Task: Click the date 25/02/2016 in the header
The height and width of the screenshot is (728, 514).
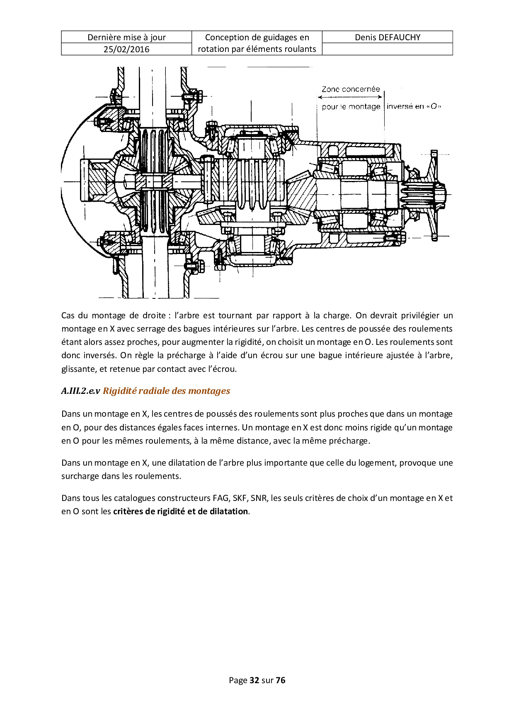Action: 126,49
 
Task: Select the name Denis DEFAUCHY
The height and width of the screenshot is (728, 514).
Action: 387,37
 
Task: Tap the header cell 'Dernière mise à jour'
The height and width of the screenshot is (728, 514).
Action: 126,37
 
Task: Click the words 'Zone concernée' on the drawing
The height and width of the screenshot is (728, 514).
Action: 351,89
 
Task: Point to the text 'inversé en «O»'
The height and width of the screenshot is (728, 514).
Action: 414,106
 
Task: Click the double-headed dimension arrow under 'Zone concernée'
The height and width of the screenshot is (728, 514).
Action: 350,97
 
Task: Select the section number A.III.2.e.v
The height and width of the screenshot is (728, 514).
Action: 80,391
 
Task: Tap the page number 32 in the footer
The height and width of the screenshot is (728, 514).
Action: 255,680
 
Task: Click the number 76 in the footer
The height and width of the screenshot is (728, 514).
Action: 281,680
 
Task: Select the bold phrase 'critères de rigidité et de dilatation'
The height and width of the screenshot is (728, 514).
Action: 180,511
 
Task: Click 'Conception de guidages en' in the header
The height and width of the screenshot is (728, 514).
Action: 257,37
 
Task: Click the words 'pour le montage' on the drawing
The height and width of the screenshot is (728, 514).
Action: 351,107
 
